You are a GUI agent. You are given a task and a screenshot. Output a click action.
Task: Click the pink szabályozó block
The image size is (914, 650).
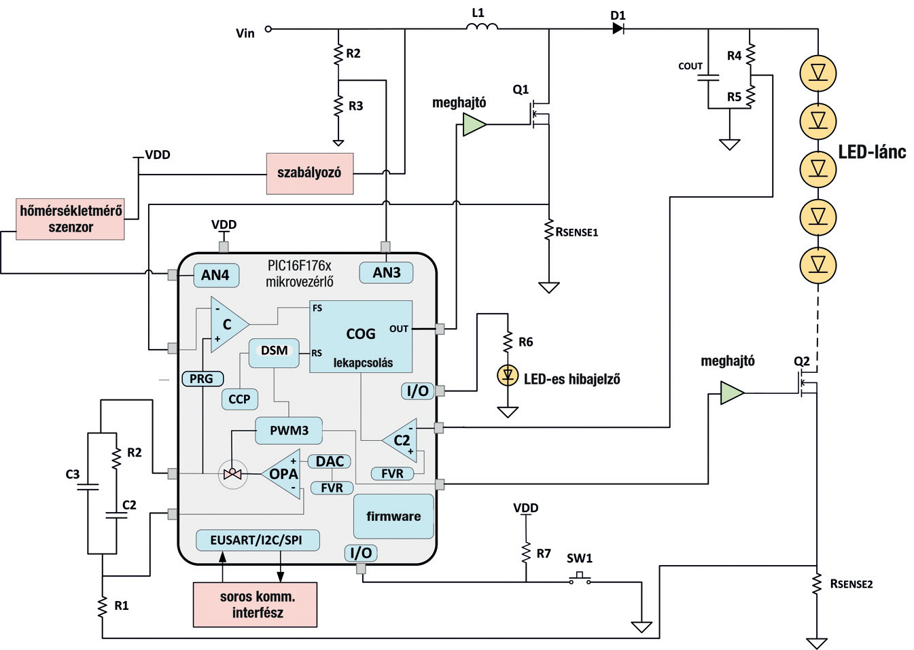tap(310, 174)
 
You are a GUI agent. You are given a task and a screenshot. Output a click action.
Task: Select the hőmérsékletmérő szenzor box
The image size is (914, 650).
tap(70, 219)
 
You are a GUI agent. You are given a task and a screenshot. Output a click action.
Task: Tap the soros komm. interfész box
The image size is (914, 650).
tap(255, 604)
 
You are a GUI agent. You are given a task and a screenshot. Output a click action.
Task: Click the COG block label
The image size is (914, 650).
tap(361, 334)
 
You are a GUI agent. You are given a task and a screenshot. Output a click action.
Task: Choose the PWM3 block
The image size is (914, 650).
tap(289, 431)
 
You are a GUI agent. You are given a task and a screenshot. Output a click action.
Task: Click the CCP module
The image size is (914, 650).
tap(239, 399)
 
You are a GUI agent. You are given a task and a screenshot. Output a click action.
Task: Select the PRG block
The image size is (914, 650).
tap(203, 379)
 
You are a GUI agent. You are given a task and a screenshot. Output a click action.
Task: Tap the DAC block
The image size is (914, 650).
tap(330, 462)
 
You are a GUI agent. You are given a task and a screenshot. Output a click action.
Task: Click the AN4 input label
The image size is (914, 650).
tap(216, 275)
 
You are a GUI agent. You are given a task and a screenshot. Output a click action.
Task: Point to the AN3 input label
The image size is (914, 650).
tap(386, 273)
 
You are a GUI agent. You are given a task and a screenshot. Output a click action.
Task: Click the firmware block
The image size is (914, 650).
tap(393, 517)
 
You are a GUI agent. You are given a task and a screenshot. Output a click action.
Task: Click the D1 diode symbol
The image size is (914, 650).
tap(618, 29)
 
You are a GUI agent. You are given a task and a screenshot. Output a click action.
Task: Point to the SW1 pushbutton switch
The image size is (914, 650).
tap(580, 579)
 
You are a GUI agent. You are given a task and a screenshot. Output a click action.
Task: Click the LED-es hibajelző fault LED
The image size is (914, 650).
tap(508, 376)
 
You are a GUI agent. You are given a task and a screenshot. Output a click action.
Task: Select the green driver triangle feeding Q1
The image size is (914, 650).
tap(474, 125)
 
